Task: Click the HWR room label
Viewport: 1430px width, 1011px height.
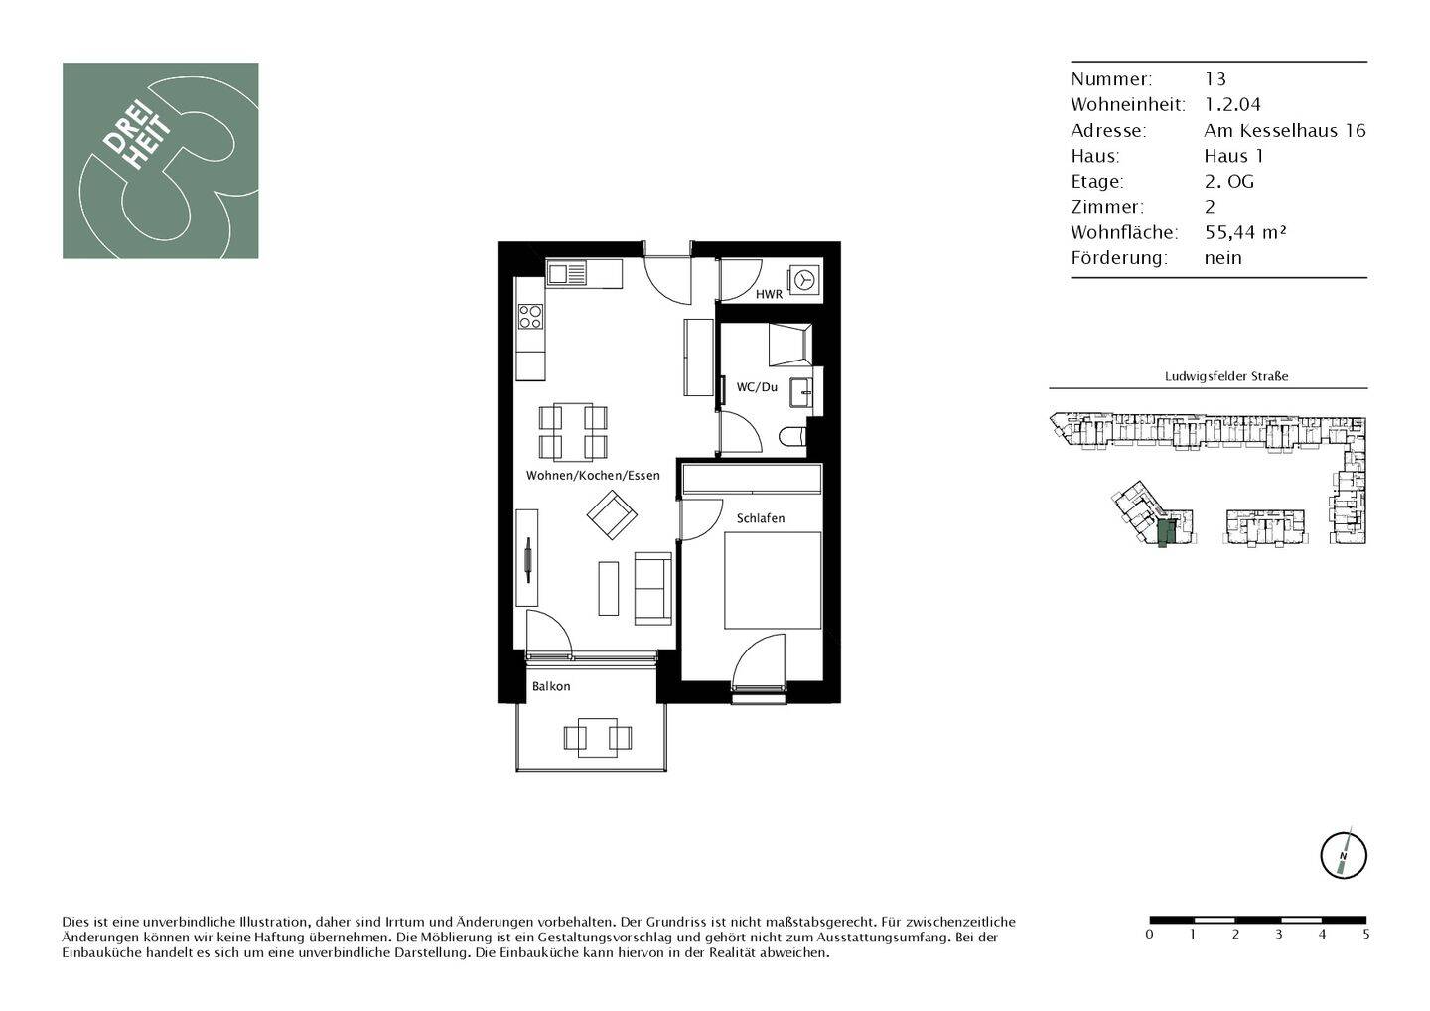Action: tap(769, 294)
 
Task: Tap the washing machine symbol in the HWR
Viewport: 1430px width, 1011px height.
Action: tap(804, 280)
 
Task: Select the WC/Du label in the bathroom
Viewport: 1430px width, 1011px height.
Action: tap(757, 386)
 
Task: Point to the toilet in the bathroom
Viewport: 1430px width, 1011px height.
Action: tap(792, 437)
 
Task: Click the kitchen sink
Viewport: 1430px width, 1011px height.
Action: tap(566, 274)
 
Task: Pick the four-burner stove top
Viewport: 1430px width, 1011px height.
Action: tap(530, 316)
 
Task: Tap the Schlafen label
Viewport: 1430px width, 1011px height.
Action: tap(761, 518)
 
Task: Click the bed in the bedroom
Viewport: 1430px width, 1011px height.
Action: tap(773, 580)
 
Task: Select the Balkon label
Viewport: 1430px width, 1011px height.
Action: tap(551, 686)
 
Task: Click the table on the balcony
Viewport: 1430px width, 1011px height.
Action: tap(598, 737)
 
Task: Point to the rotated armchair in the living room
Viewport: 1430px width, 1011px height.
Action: tap(612, 514)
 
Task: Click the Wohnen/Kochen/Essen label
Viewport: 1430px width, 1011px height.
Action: tap(593, 475)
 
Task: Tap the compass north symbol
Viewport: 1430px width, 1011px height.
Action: tap(1344, 855)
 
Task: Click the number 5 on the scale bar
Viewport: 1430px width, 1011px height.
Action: tap(1366, 935)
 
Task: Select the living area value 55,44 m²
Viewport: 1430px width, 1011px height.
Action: tap(1245, 232)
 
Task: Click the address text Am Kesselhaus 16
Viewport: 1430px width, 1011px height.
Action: tap(1284, 130)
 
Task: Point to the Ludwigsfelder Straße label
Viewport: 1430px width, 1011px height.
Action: tap(1226, 376)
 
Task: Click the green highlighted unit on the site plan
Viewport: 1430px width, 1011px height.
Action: tap(1165, 533)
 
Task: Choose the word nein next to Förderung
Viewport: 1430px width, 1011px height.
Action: tap(1223, 258)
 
